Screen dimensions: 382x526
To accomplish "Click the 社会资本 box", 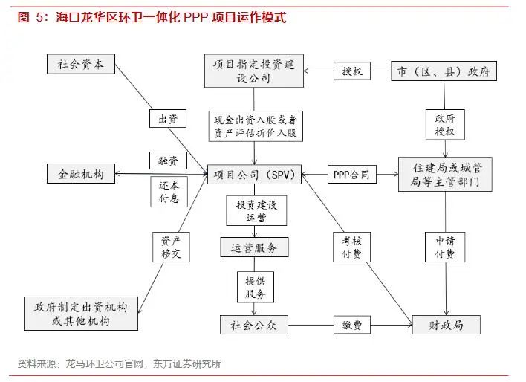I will (x=81, y=65).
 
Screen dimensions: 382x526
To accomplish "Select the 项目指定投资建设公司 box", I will (x=255, y=71).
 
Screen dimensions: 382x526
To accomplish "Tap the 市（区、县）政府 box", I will (x=444, y=71).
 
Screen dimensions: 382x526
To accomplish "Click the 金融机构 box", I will (x=81, y=175).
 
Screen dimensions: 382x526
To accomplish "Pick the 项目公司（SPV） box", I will (x=255, y=175).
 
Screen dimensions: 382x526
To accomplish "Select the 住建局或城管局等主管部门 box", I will (x=444, y=175).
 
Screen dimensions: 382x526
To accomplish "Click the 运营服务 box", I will (x=254, y=247).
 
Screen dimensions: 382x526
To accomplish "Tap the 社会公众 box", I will (x=254, y=325).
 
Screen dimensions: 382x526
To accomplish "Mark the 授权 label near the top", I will (x=351, y=71).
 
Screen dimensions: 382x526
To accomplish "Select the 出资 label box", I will (x=167, y=119).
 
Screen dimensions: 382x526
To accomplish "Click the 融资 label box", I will (x=167, y=161).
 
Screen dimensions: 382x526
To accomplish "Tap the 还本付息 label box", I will (x=169, y=192).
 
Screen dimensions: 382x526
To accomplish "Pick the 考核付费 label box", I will (x=351, y=247).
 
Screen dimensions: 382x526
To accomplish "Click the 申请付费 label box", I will (x=445, y=247).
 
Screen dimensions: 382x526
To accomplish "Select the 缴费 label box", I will (x=351, y=325).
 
